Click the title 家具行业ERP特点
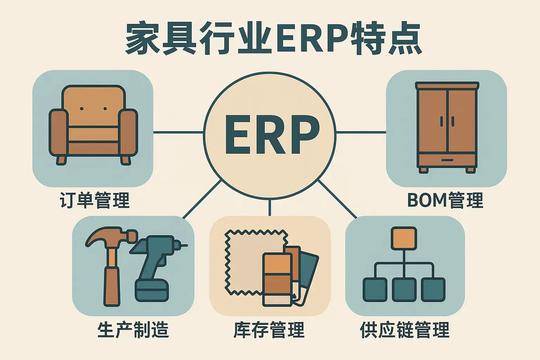coord(274,39)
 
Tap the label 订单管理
coord(95,200)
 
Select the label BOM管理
coord(445,200)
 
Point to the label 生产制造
coord(133,330)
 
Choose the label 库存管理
coord(269,330)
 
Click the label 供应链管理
coord(405,330)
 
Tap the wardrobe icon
coord(447,127)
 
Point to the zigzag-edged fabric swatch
coord(246,260)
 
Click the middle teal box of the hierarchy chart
coord(404,289)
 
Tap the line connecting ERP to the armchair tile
coord(178,133)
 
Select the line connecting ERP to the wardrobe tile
coord(361,133)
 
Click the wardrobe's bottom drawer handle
coord(447,160)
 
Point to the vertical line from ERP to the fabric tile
coord(270,207)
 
